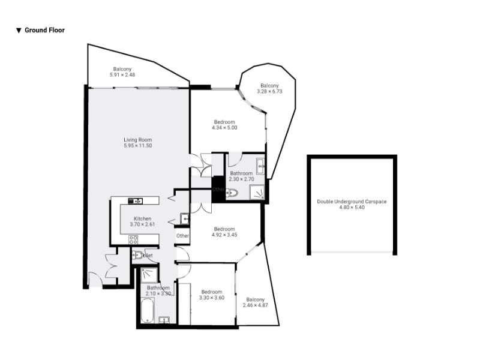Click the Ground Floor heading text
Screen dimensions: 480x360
pos(44,30)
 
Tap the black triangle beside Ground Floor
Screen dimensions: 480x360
pos(19,31)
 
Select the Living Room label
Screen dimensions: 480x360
pos(138,140)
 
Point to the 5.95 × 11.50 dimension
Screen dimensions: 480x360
pos(138,146)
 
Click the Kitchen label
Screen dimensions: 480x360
pos(142,218)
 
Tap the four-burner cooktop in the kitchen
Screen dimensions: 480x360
pos(133,239)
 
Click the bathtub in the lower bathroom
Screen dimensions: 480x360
pos(147,310)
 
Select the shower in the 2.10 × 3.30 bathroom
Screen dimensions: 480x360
pos(149,275)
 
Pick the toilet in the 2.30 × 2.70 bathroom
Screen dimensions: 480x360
pos(232,193)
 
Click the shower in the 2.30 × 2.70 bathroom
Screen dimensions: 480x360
pos(257,192)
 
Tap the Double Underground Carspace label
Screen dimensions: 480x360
pos(352,202)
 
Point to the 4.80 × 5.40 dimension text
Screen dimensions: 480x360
pos(352,207)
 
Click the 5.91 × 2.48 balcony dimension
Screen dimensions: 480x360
pos(122,74)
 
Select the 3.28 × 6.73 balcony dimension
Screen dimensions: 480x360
pos(269,91)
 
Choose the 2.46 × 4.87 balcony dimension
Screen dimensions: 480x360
pos(256,305)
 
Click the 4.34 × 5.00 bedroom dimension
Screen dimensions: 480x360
pos(224,128)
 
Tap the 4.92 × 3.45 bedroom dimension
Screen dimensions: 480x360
pos(224,235)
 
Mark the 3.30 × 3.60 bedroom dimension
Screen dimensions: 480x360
pos(212,298)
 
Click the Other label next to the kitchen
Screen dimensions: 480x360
pos(182,236)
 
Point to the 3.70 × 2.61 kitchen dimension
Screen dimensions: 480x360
pos(142,224)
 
